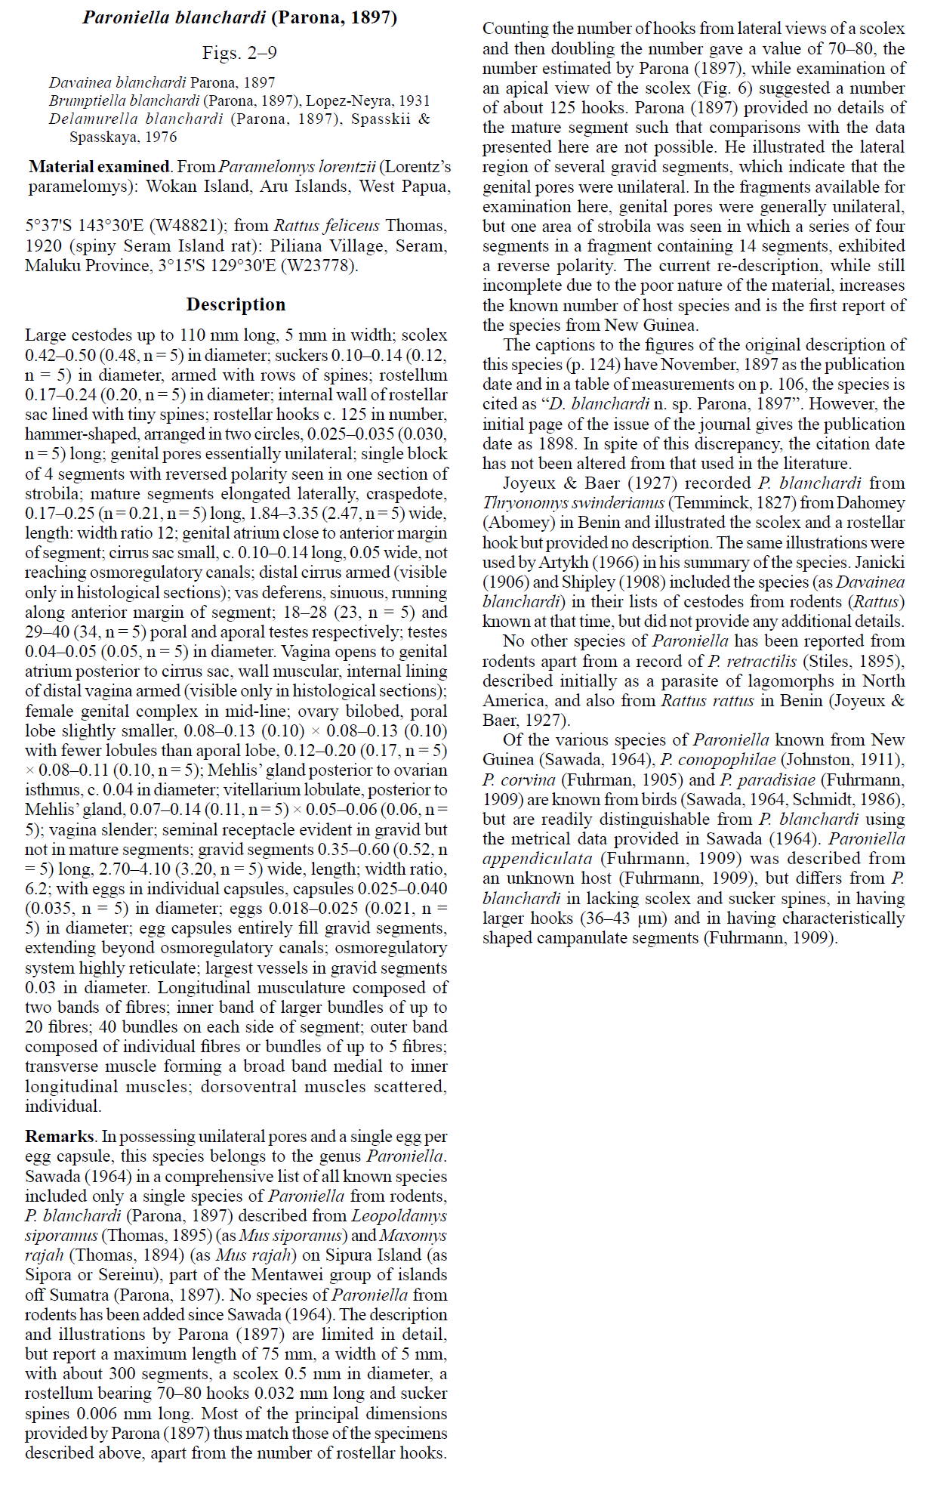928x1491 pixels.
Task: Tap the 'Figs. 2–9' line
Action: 239,53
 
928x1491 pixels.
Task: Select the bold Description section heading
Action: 236,304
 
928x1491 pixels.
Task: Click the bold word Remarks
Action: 60,1136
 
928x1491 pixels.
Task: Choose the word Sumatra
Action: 78,1295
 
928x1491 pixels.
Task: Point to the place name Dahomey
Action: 860,503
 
